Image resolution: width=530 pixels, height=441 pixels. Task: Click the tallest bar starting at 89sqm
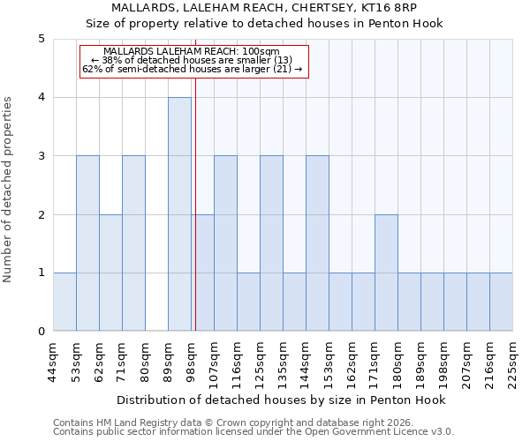pos(179,214)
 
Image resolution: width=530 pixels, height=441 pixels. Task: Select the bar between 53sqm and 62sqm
pos(87,243)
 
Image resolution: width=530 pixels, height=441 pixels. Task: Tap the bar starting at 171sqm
pos(386,273)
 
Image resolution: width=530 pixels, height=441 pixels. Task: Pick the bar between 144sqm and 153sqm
pos(317,243)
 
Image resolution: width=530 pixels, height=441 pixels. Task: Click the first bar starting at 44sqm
pos(64,302)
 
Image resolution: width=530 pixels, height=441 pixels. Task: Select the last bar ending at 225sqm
pos(501,302)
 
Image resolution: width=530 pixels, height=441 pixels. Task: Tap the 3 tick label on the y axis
pos(41,156)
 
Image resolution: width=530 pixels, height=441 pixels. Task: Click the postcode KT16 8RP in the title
pos(401,8)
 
